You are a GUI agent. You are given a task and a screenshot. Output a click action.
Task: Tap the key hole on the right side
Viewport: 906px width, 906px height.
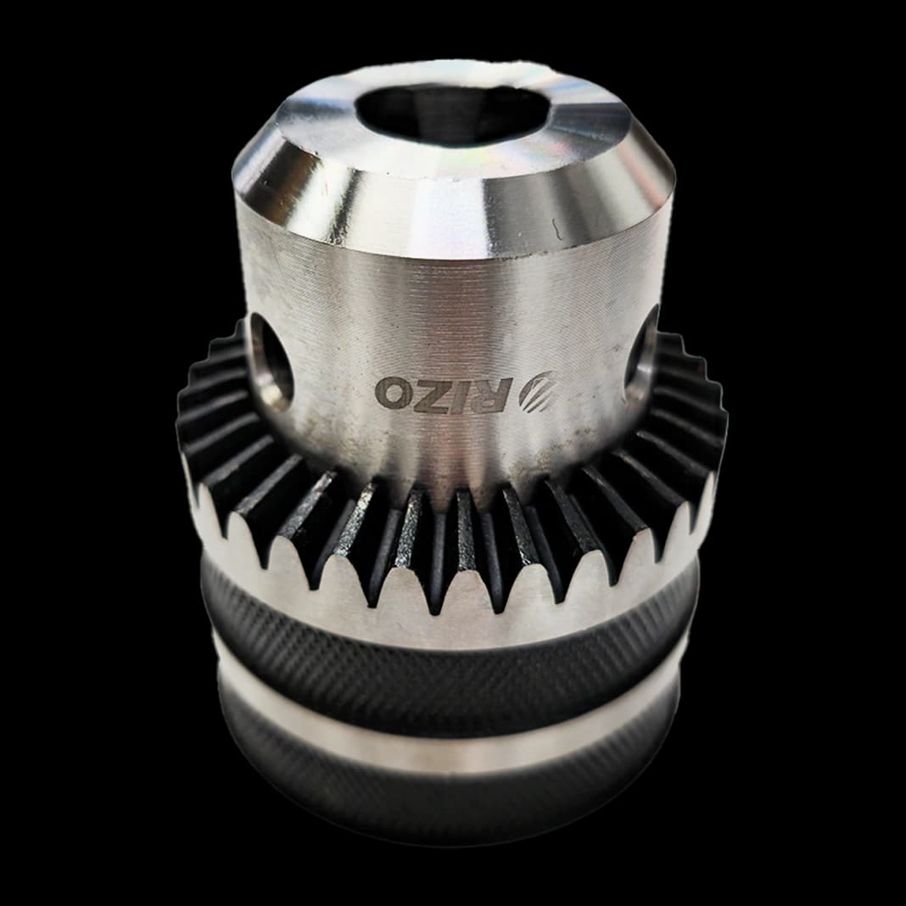(642, 354)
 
